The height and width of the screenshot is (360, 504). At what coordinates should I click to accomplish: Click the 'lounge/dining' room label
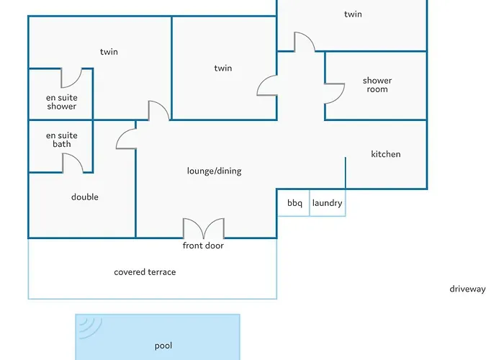pos(214,171)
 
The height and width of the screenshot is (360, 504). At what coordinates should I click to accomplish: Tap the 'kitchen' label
pos(385,154)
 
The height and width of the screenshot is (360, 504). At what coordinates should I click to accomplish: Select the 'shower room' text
pos(377,85)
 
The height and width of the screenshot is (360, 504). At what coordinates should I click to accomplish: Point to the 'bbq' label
pos(294,203)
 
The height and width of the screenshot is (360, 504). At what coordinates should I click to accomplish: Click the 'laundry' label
pos(327,203)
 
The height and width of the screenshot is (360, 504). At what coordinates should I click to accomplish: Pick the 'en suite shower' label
pos(62,102)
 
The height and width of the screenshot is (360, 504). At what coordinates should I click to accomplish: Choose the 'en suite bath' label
pos(62,140)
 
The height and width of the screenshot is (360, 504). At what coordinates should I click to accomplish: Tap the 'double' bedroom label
pos(85,197)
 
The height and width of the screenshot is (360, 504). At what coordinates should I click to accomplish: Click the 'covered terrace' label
pos(145,272)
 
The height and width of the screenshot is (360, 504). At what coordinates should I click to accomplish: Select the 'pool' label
pos(163,346)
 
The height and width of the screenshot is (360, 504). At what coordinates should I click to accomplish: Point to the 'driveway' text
pos(467,289)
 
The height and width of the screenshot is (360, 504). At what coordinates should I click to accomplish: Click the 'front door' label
pos(203,246)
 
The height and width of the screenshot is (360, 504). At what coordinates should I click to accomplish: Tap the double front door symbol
pos(204,229)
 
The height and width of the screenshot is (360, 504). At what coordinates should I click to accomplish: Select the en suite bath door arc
pos(73,163)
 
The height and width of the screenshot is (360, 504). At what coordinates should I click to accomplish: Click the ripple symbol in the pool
pos(89,327)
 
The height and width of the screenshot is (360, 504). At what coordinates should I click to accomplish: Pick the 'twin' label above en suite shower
pos(109,52)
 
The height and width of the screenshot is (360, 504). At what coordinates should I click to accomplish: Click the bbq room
pos(294,203)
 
